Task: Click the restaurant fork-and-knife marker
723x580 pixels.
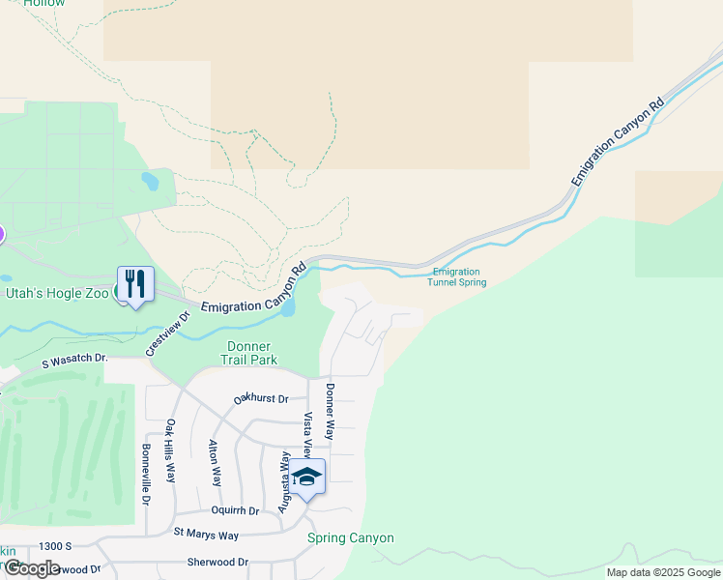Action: click(x=135, y=283)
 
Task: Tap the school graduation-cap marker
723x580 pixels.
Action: click(x=307, y=477)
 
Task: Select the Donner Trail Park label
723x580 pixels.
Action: click(x=248, y=353)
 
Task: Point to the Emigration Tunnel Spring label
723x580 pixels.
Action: click(x=458, y=277)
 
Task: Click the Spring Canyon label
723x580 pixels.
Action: click(x=350, y=537)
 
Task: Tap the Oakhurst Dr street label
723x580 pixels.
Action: click(x=261, y=398)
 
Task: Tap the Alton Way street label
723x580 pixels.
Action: click(x=215, y=463)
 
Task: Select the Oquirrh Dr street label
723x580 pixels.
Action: click(x=235, y=510)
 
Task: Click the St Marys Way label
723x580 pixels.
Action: click(x=206, y=534)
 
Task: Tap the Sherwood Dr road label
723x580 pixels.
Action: click(x=217, y=562)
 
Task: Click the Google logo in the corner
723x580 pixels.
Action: click(x=31, y=568)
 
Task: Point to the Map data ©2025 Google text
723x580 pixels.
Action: click(x=662, y=572)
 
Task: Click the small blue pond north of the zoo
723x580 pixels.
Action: click(x=149, y=181)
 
